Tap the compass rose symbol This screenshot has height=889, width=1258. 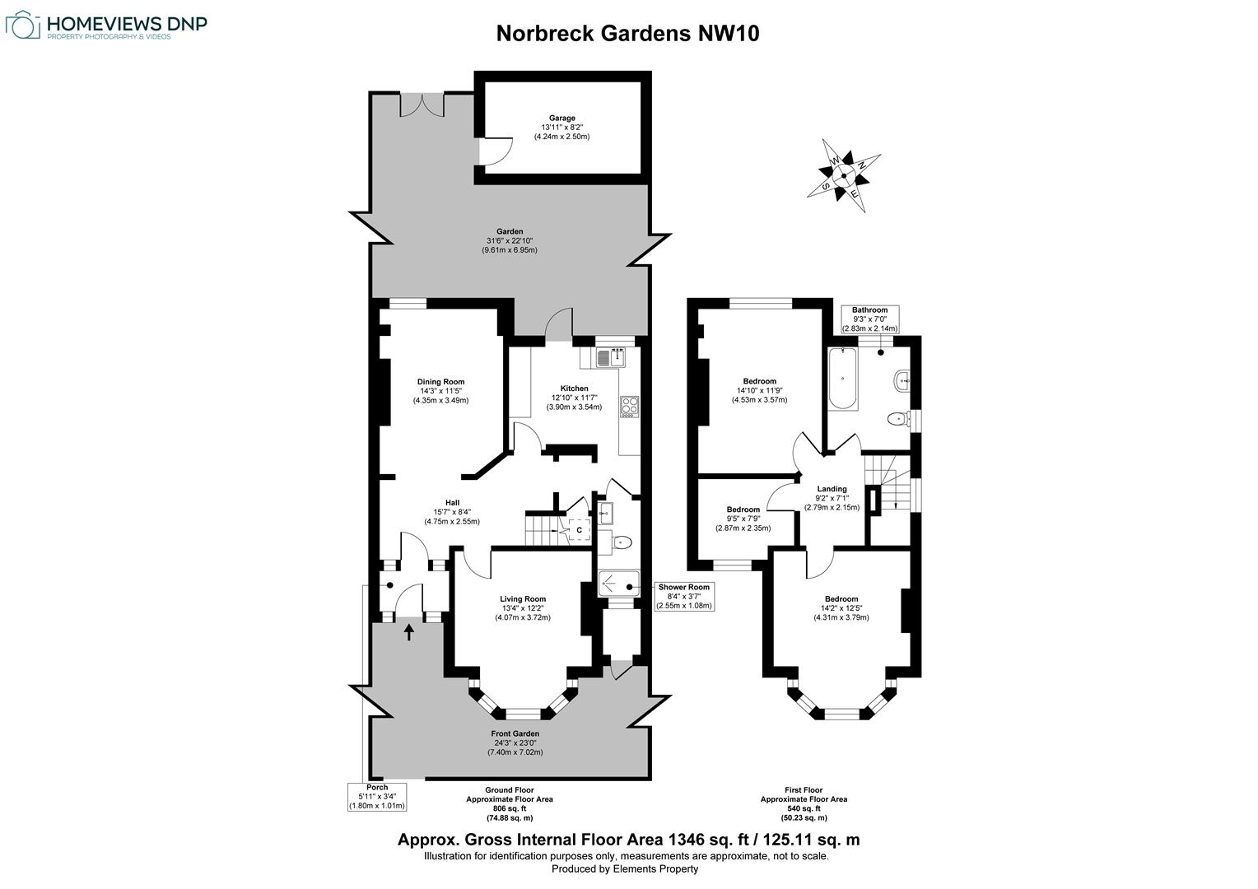pyautogui.click(x=843, y=175)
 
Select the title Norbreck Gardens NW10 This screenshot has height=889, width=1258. pyautogui.click(x=627, y=34)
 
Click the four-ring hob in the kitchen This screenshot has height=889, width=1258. pyautogui.click(x=630, y=407)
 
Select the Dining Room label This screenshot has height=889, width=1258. pyautogui.click(x=440, y=391)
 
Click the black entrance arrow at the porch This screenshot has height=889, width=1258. pyautogui.click(x=409, y=631)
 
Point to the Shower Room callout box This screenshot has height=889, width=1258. pyautogui.click(x=683, y=597)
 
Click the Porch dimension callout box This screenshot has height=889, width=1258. pyautogui.click(x=376, y=797)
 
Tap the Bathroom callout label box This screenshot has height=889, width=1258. pyautogui.click(x=869, y=319)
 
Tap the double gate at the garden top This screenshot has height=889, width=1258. pyautogui.click(x=422, y=105)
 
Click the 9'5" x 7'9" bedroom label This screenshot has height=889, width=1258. pyautogui.click(x=743, y=519)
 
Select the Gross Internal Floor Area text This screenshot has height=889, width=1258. pyautogui.click(x=628, y=840)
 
